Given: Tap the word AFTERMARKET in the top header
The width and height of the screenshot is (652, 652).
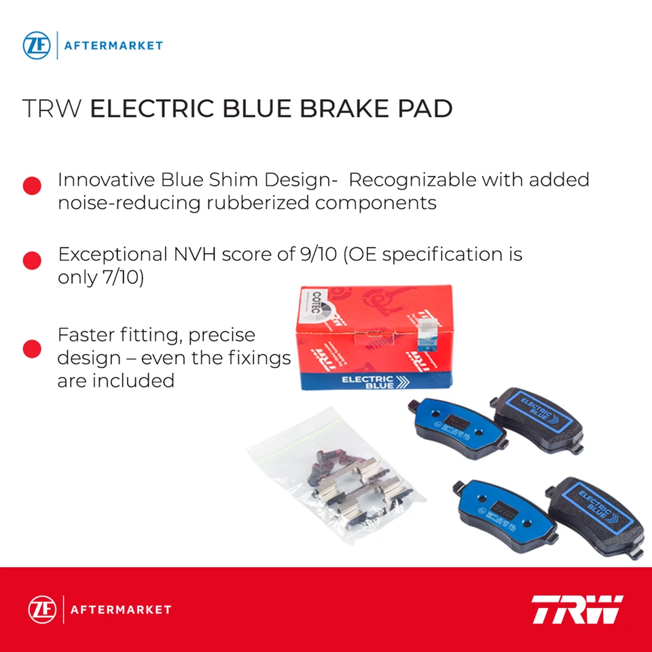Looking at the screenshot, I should [x=113, y=46].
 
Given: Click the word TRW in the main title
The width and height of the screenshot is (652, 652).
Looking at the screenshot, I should [x=53, y=109].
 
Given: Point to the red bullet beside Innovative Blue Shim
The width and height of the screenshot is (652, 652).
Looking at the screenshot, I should [x=32, y=186].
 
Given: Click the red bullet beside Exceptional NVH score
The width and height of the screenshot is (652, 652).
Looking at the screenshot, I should [x=32, y=260].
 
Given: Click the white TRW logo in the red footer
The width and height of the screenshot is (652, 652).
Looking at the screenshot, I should [x=577, y=609].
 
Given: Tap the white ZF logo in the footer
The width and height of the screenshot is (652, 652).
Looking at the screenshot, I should [x=40, y=609].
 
